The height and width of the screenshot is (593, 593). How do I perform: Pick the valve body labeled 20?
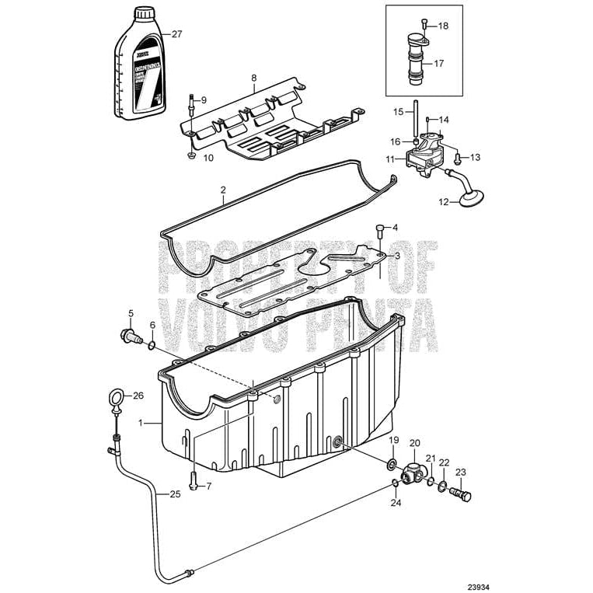(413, 470)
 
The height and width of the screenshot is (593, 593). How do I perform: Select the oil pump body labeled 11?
(420, 158)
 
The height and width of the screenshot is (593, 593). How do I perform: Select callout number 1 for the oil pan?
(141, 423)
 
